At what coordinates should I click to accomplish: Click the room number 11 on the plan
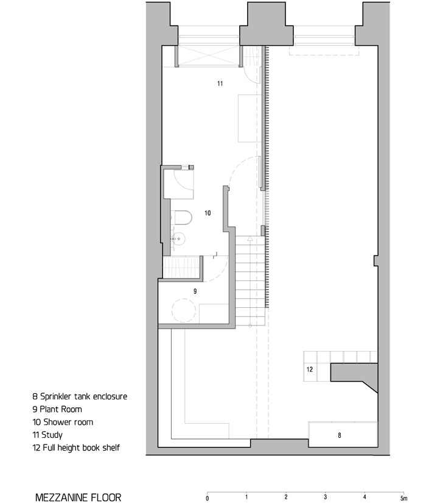pyautogui.click(x=220, y=83)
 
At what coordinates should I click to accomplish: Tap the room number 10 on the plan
pyautogui.click(x=208, y=213)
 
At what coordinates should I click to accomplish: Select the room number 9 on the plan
pyautogui.click(x=195, y=291)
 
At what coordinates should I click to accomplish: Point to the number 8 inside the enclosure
pyautogui.click(x=339, y=435)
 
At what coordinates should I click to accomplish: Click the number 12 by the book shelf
pyautogui.click(x=310, y=369)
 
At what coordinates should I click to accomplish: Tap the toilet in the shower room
pyautogui.click(x=181, y=218)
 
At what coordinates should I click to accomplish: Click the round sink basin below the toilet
pyautogui.click(x=178, y=238)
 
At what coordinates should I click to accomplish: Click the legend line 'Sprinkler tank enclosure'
pyautogui.click(x=80, y=396)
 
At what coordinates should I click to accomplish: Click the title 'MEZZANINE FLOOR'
pyautogui.click(x=78, y=497)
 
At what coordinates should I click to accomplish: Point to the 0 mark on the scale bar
pyautogui.click(x=208, y=498)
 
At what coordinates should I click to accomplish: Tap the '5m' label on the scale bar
pyautogui.click(x=403, y=498)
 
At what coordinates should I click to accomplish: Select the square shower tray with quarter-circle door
pyautogui.click(x=180, y=182)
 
